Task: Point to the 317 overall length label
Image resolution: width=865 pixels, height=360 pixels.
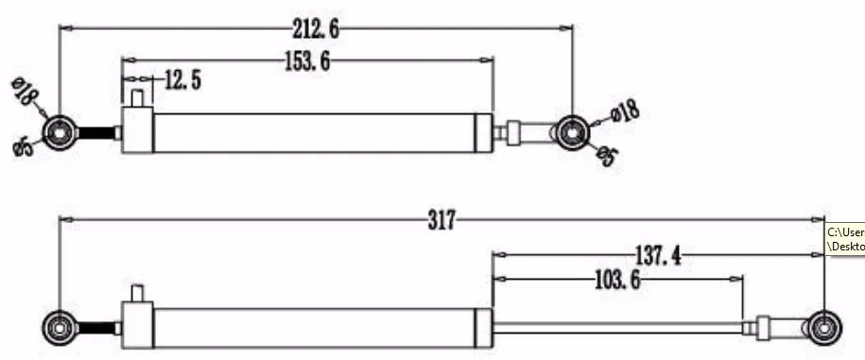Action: pos(441,220)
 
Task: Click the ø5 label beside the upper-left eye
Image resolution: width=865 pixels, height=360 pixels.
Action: pos(26,145)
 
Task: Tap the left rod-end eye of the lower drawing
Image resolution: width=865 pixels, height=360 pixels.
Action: pos(61,328)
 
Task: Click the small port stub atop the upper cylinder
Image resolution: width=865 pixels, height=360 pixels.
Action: pos(139,96)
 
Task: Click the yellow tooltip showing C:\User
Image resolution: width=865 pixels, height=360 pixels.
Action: pos(845,239)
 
